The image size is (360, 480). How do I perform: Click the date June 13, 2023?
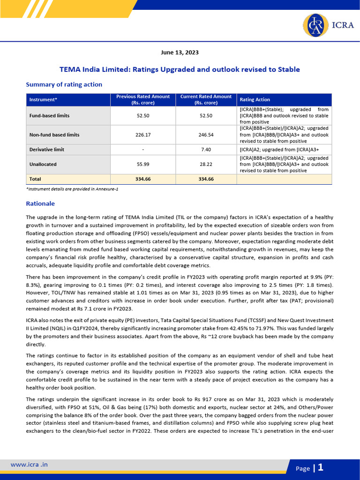click(x=180, y=52)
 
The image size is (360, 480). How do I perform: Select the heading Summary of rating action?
click(x=64, y=84)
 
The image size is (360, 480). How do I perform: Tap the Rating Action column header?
click(x=255, y=99)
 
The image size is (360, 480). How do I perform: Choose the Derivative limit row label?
click(x=47, y=150)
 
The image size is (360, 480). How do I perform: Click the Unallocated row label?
click(x=43, y=165)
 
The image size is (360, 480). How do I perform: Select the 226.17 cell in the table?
click(x=143, y=135)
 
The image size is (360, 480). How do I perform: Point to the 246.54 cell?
click(x=206, y=135)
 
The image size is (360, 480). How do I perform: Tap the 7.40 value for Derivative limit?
click(x=206, y=150)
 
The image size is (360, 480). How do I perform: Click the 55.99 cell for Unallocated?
click(x=143, y=165)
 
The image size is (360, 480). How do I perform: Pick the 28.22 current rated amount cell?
click(x=206, y=165)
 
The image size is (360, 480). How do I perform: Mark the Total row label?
click(x=35, y=179)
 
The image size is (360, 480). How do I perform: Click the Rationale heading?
click(x=40, y=204)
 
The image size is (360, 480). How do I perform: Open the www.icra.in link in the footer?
click(x=29, y=465)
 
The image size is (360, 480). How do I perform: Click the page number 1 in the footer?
click(x=321, y=467)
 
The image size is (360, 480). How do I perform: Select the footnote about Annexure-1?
click(x=72, y=188)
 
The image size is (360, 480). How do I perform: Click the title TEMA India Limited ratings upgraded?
click(x=180, y=69)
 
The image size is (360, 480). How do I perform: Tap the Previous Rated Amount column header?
click(x=143, y=99)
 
